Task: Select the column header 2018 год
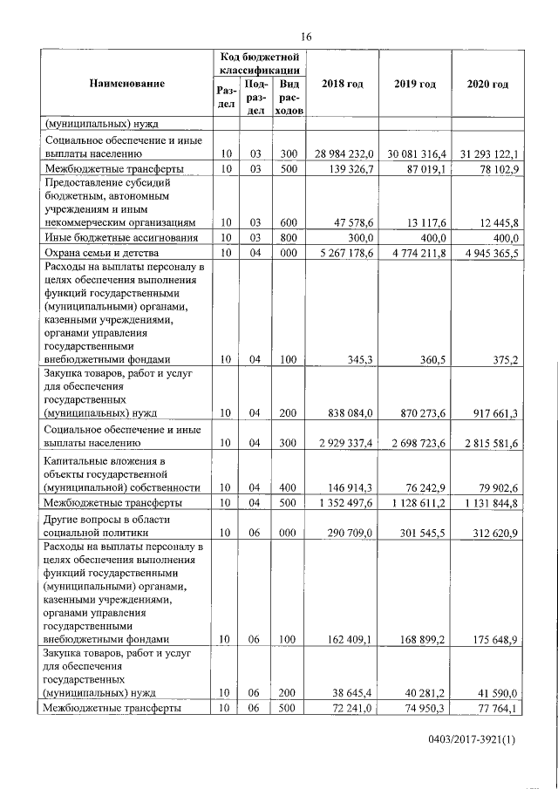coord(343,84)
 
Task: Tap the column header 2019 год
coord(414,84)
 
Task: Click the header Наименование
coord(126,84)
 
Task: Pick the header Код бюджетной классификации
coord(260,62)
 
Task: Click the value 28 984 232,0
coord(343,154)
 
